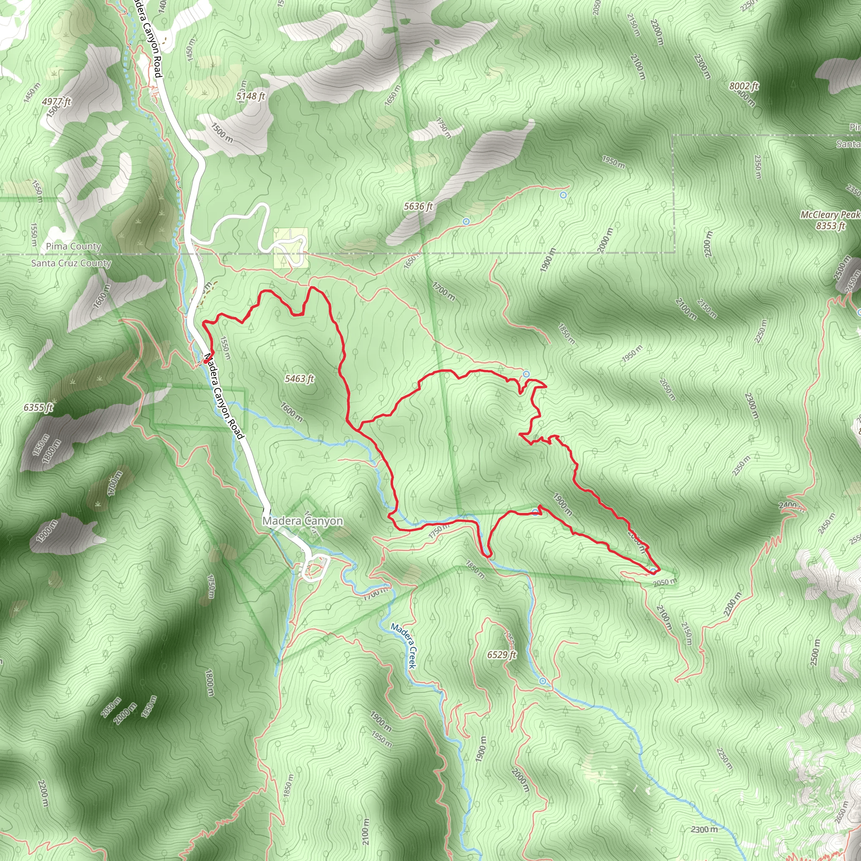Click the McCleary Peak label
830,215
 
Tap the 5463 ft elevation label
299,379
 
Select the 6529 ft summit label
502,655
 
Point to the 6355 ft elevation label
38,407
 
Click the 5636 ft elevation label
418,206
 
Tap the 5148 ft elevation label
251,96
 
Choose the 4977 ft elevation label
57,102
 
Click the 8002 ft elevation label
744,86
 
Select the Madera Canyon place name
303,521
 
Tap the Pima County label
74,246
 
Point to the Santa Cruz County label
71,263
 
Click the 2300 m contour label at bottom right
704,829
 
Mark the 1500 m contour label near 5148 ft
222,132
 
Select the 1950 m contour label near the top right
613,162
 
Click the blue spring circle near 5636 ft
466,222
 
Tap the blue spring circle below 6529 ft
542,681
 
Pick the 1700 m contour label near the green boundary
444,291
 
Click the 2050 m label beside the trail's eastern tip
665,582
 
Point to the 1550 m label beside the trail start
226,348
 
